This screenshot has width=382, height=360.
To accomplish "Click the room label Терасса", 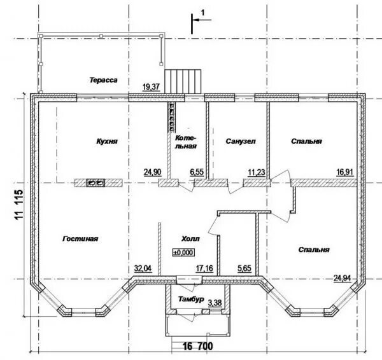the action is click(103, 80).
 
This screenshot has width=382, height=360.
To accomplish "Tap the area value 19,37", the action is click(151, 87).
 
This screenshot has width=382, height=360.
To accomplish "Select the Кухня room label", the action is click(107, 141).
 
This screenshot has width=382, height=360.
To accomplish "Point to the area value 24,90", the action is click(152, 172).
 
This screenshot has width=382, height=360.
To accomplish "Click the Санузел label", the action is click(241, 141).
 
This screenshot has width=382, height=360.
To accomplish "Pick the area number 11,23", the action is click(257, 172).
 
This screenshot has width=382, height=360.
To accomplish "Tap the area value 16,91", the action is click(344, 172).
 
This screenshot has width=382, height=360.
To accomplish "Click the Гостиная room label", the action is click(80, 239).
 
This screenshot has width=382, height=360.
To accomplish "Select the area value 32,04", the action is click(143, 268).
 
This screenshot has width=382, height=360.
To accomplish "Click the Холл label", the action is click(190, 239).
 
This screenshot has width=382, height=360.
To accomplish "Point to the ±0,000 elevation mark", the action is click(184, 253).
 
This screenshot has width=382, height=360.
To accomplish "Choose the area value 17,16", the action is click(204, 268).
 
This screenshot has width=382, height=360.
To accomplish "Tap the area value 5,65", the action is click(244, 268).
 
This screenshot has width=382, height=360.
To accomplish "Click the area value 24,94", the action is click(343, 277).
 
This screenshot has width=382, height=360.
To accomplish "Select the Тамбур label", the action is click(191, 299).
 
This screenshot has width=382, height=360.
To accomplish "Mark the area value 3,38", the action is click(215, 303).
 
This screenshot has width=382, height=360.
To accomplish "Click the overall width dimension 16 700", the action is click(197, 346).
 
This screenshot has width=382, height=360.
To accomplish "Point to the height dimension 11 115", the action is click(18, 205).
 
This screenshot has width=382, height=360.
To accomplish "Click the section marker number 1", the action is click(203, 12).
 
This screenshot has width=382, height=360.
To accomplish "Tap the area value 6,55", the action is click(197, 172).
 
